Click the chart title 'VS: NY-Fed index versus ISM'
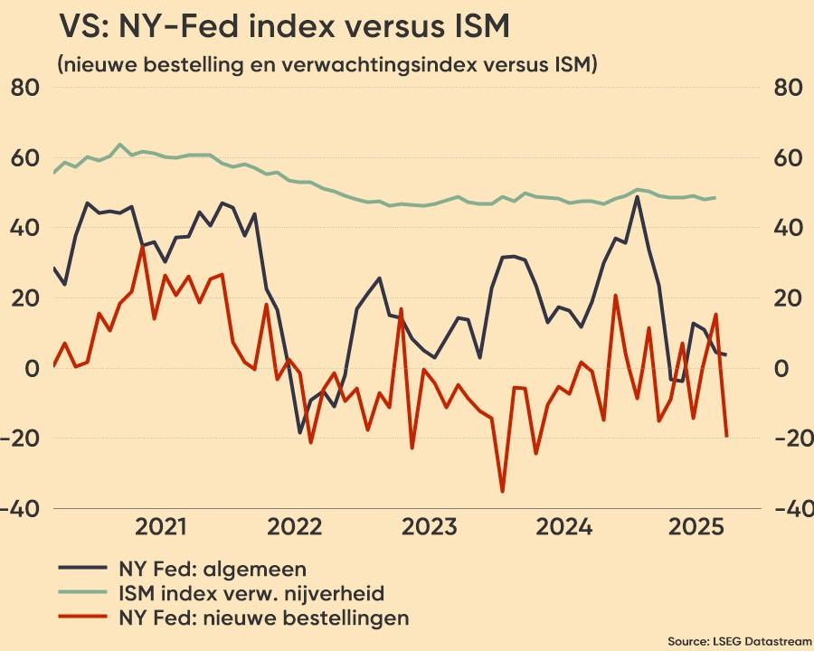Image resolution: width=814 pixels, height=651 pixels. click(x=284, y=27)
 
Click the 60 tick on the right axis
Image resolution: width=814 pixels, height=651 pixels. click(x=789, y=158)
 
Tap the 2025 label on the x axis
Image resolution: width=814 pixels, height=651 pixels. click(x=695, y=527)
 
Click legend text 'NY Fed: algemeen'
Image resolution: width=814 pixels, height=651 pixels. click(x=212, y=570)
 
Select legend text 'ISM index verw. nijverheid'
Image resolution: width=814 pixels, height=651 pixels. click(x=251, y=594)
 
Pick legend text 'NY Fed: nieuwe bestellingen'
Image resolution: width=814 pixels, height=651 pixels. click(x=263, y=618)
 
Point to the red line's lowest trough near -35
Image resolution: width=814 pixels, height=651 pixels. click(x=503, y=492)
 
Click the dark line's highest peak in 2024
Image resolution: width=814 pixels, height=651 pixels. click(x=638, y=196)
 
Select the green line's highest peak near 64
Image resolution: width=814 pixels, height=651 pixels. click(x=120, y=144)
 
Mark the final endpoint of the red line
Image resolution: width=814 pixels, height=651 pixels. click(x=726, y=437)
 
